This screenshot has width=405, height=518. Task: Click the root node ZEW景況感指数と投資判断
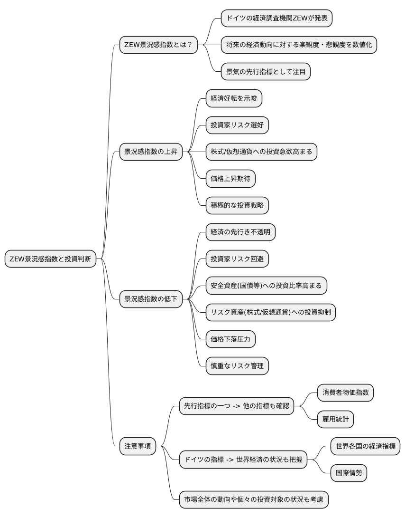pyautogui.click(x=51, y=259)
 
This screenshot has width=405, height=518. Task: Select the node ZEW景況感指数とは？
pyautogui.click(x=158, y=45)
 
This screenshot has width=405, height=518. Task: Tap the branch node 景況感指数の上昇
pyautogui.click(x=150, y=152)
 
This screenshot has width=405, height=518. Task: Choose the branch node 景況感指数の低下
pyautogui.click(x=150, y=299)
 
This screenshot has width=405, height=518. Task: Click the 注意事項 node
pyautogui.click(x=138, y=446)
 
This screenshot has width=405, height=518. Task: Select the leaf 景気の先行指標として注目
pyautogui.click(x=266, y=71)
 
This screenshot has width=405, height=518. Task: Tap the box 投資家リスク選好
pyautogui.click(x=237, y=125)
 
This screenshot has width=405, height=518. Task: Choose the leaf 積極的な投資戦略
pyautogui.click(x=237, y=205)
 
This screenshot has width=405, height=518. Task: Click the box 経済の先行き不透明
pyautogui.click(x=240, y=232)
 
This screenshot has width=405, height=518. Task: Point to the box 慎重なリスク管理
pyautogui.click(x=237, y=366)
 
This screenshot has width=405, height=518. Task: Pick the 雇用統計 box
pyautogui.click(x=335, y=419)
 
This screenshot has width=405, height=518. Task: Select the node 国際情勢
pyautogui.click(x=349, y=473)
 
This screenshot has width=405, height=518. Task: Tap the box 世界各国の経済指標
pyautogui.click(x=365, y=446)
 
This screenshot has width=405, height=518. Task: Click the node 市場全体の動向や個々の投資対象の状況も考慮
pyautogui.click(x=254, y=499)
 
